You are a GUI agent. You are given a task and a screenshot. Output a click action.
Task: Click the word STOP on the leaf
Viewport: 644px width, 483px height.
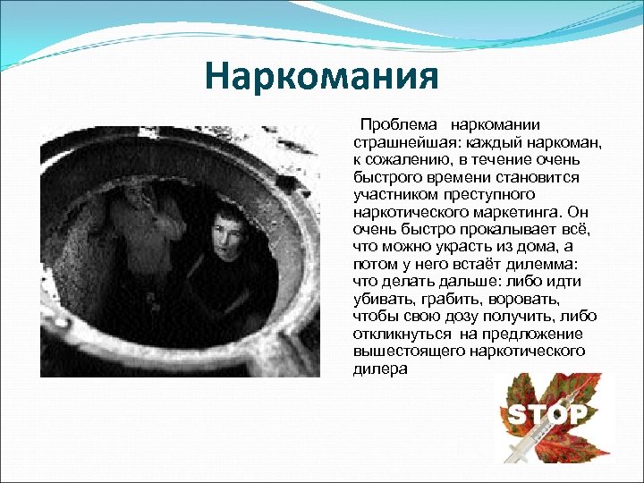[547, 413]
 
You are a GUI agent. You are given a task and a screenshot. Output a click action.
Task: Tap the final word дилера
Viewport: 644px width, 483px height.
[379, 367]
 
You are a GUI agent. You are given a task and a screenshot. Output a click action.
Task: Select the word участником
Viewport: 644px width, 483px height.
[393, 192]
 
